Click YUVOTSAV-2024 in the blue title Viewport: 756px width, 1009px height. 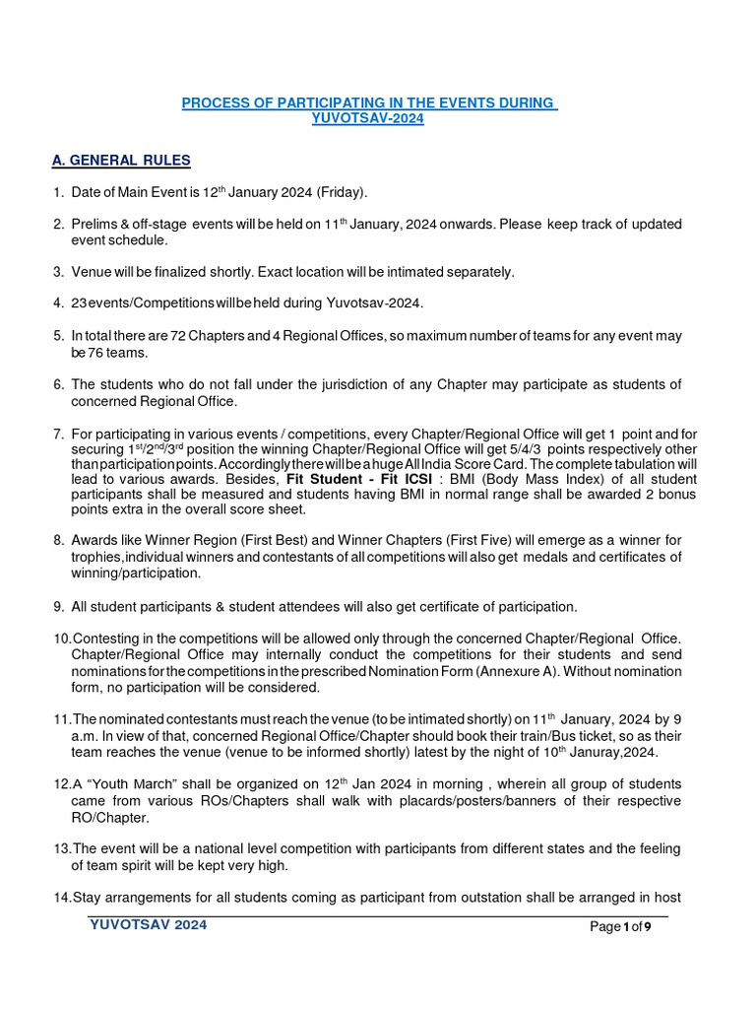367,118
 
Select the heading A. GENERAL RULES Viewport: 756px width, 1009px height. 121,161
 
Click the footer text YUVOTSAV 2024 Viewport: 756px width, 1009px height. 148,925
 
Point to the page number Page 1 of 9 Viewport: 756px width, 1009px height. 628,927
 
